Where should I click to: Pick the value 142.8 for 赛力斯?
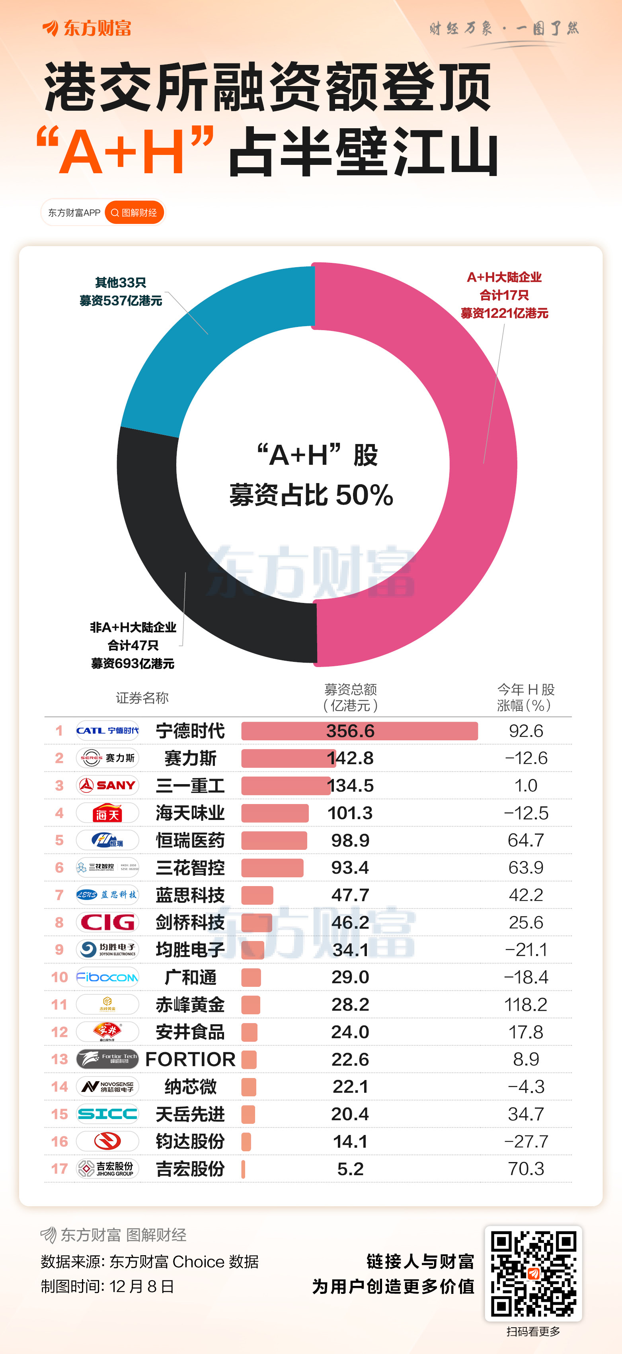click(351, 758)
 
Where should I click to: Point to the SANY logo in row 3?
click(108, 785)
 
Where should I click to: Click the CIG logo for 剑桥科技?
click(108, 922)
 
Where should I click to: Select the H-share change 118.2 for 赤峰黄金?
click(526, 1004)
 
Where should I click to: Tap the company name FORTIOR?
click(190, 1059)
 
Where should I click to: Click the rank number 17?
click(59, 1168)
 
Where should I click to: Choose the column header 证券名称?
click(142, 698)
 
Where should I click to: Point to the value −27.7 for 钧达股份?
click(526, 1141)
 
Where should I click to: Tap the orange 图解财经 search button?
click(135, 212)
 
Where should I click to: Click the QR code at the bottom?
click(533, 1273)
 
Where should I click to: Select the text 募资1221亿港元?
click(504, 313)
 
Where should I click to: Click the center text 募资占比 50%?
click(311, 495)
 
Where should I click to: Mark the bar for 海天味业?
click(275, 813)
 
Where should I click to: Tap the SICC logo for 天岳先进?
click(108, 1114)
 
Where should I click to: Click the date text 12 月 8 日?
click(142, 1286)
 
